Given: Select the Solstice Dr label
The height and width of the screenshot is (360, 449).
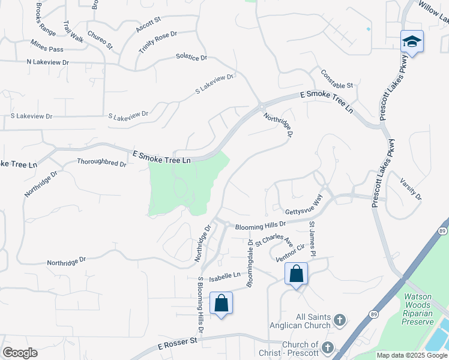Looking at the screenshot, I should (x=191, y=58).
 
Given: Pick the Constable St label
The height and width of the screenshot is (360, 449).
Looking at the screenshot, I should (x=337, y=78).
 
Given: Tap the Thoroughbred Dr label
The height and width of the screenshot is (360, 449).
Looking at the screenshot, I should (x=101, y=163).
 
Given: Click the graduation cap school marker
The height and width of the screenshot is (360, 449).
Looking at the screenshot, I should (x=412, y=41).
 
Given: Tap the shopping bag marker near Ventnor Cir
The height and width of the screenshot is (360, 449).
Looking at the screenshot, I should (x=296, y=274).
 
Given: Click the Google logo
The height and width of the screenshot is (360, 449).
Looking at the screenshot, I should (x=20, y=353).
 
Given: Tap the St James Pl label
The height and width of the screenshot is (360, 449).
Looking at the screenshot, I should (x=312, y=237).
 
